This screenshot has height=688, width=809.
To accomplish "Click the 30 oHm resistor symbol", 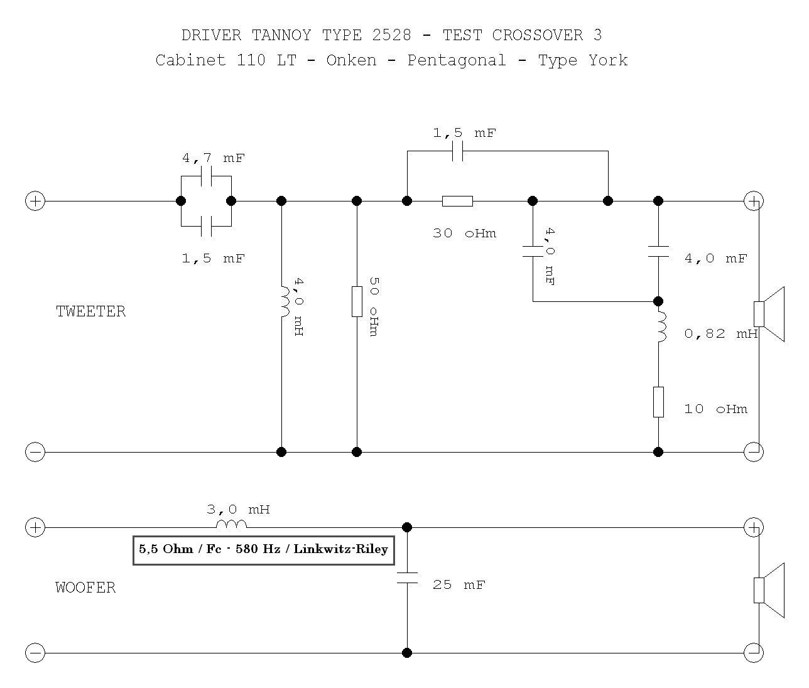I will click(457, 201).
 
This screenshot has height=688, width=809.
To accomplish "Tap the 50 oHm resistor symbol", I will click(357, 301).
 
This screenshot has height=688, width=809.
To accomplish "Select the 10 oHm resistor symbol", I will click(658, 402).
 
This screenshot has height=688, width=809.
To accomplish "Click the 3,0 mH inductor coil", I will click(231, 525).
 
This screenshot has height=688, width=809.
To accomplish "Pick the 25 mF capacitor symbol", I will click(407, 578).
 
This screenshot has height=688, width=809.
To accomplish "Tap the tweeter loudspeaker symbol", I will click(769, 314).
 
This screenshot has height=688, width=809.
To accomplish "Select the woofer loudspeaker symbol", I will click(769, 590).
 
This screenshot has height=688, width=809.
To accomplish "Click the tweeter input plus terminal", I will click(35, 201).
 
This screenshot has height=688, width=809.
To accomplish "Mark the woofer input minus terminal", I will click(35, 653).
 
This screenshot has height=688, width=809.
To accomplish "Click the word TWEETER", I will click(91, 311).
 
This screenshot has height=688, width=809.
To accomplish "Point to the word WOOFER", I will click(85, 588).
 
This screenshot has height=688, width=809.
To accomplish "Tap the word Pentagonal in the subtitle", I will click(457, 60).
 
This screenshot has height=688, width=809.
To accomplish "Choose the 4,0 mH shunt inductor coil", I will click(284, 301).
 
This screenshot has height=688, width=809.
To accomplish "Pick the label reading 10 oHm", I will click(716, 409).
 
